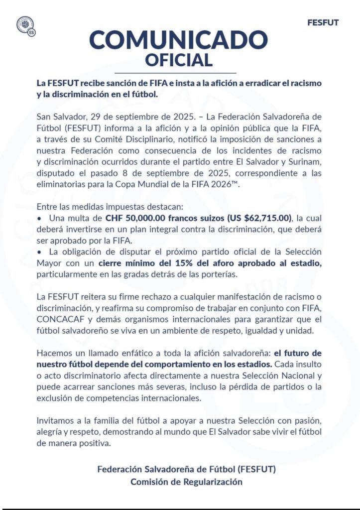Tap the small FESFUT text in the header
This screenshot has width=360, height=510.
[x=323, y=23]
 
